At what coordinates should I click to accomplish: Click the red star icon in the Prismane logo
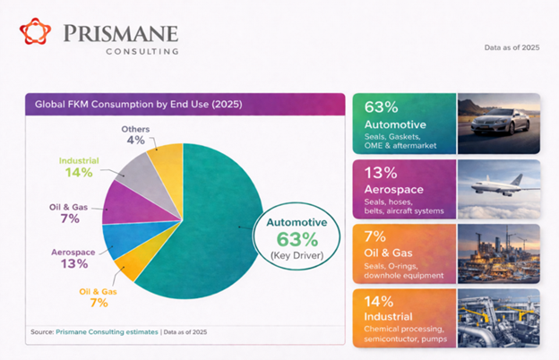click(37, 33)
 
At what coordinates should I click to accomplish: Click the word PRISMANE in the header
click(120, 33)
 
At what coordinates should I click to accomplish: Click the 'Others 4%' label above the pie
click(135, 135)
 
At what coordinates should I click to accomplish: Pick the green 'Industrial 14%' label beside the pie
click(78, 167)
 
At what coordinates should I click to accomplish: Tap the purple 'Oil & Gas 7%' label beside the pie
click(67, 213)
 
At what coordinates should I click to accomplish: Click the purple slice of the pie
click(120, 205)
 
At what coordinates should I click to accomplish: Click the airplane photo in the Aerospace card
click(497, 187)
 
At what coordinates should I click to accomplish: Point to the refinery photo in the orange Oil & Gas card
click(497, 253)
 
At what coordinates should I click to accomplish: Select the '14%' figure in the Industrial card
click(378, 302)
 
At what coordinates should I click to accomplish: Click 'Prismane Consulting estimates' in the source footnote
click(108, 332)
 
